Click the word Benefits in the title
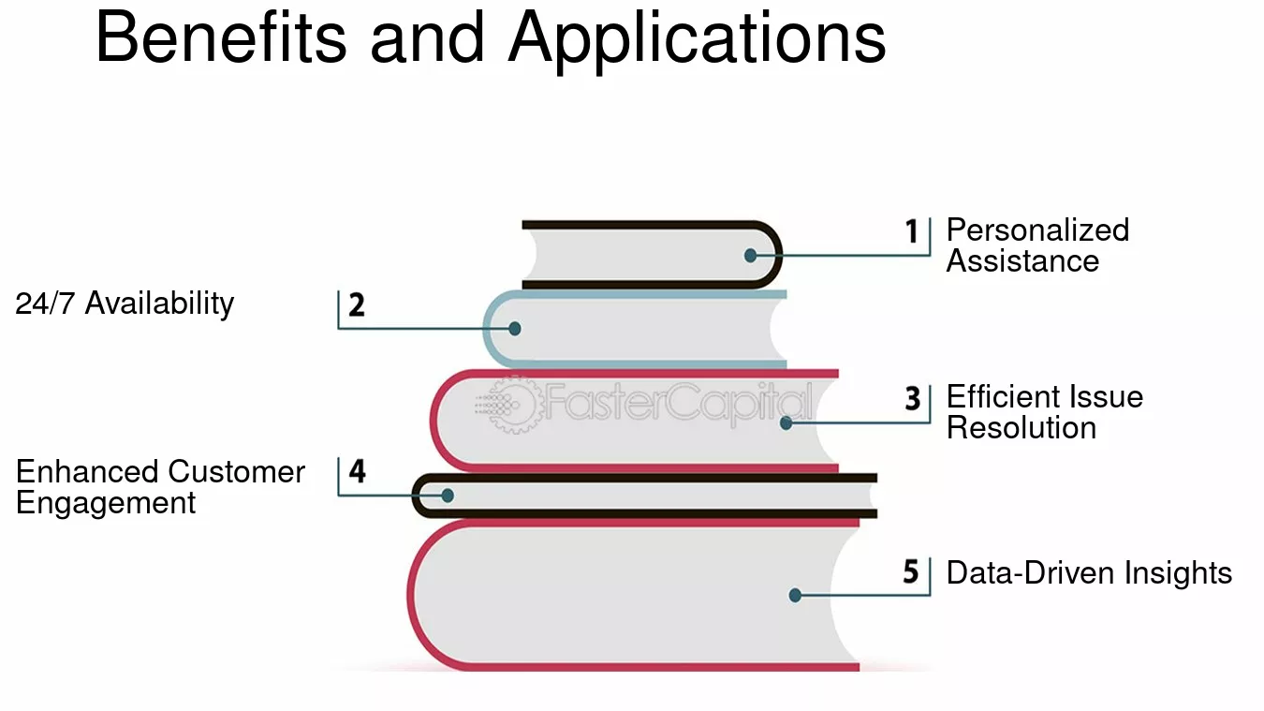(221, 37)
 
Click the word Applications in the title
(697, 41)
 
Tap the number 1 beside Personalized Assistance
(912, 231)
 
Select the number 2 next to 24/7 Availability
(357, 305)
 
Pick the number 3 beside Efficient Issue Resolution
(913, 398)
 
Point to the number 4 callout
(357, 471)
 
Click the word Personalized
(1037, 230)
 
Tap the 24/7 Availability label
(125, 304)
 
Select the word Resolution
(1021, 427)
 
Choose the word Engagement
(106, 503)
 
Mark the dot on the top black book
(751, 256)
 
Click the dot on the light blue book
(515, 329)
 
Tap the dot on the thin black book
(448, 496)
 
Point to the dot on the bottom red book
(795, 595)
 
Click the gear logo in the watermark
(510, 405)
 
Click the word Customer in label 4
(237, 471)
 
